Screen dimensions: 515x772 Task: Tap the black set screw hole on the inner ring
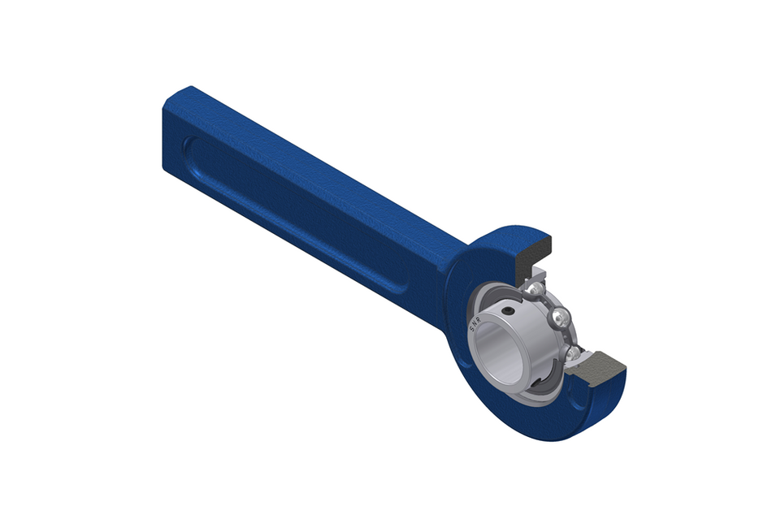508,311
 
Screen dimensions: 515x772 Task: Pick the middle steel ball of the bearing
561,318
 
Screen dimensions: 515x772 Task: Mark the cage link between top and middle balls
549,301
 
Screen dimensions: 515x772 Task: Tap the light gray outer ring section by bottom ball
580,362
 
